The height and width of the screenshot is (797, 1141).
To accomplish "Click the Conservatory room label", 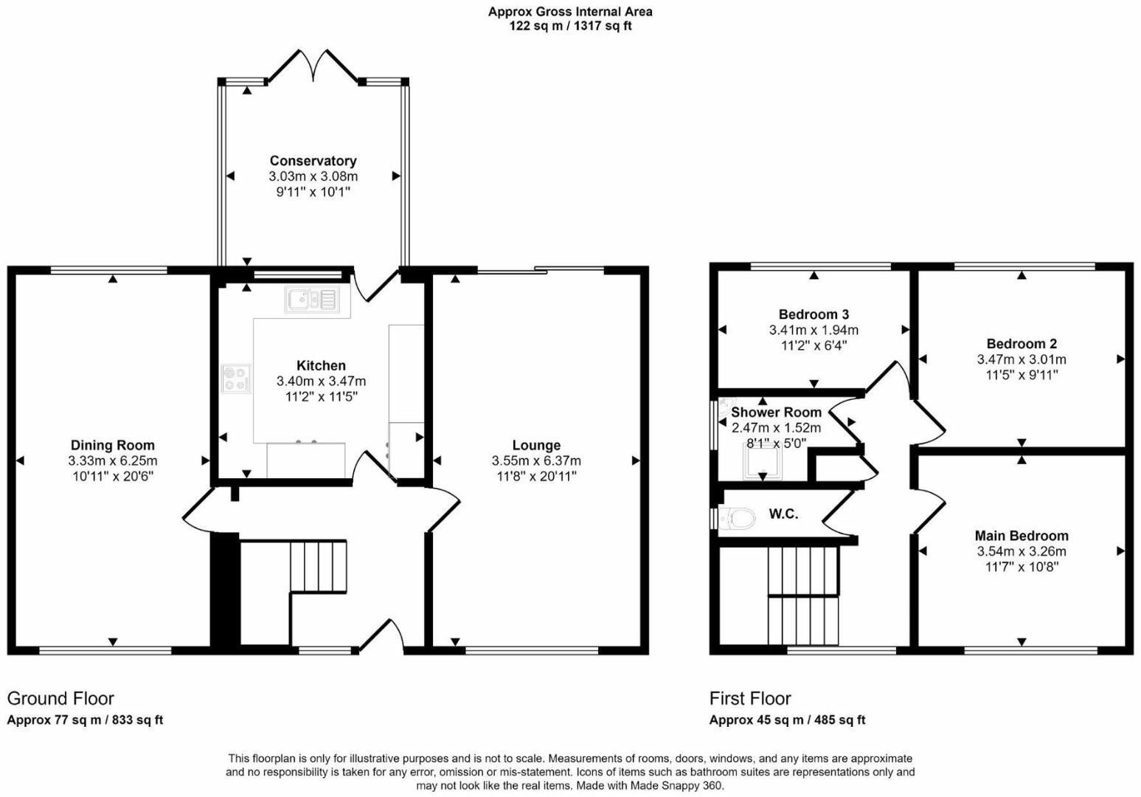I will point(313,161).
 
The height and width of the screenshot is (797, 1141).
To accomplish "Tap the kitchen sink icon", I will point(311,299).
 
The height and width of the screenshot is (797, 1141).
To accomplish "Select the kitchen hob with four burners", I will point(237,379).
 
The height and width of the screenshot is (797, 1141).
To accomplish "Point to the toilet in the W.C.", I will point(738,518).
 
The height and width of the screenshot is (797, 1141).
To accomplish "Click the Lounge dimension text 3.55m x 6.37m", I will point(536,460).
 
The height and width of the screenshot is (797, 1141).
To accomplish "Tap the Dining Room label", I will point(113,445).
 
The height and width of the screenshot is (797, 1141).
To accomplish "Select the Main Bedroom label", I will point(1022,536).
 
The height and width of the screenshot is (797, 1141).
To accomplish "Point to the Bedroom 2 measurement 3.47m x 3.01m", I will point(1022,359).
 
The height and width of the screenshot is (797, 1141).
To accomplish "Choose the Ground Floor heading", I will point(60,698).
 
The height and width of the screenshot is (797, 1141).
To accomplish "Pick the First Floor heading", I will point(750,698).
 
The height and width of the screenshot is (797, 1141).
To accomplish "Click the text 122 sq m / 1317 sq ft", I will point(570,26).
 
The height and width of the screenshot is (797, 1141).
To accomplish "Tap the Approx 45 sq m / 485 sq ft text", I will point(787,720).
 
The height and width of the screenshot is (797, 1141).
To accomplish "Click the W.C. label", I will point(783,514).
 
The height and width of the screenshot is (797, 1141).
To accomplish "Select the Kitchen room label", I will point(321,365).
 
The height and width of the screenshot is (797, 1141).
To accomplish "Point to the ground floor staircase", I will point(317,566).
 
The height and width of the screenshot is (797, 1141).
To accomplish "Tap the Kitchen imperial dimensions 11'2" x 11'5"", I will point(321,396).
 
